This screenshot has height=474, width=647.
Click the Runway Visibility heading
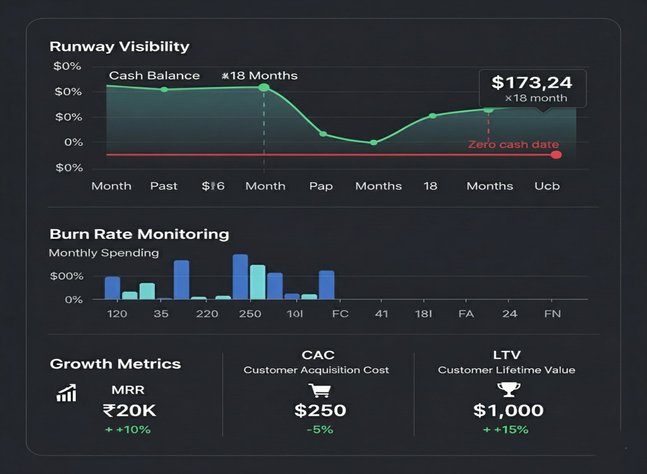coord(119,47)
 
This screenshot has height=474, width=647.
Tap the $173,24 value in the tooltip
coord(532,82)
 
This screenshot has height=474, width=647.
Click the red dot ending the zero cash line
coord(556,155)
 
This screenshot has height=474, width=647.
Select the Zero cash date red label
coord(513,144)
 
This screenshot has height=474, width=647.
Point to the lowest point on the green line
coord(373,143)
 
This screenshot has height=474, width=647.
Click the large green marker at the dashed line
coord(264,88)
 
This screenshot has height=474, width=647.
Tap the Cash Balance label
coord(154,76)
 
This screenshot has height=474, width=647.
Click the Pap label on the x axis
coord(321,186)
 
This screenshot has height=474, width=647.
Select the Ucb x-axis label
coord(547,186)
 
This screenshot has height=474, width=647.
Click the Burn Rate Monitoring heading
coord(139,234)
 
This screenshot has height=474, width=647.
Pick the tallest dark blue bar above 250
coord(240,276)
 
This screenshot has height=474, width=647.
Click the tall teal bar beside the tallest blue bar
coord(258,282)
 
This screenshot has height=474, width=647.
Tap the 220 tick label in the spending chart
coord(207,314)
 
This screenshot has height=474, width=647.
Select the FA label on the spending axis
coord(466,314)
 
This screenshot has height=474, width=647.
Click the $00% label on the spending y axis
coord(67,276)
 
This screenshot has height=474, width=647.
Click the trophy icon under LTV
coord(509,389)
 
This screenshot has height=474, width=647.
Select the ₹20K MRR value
coord(130,410)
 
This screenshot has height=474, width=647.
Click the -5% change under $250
coord(320,430)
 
